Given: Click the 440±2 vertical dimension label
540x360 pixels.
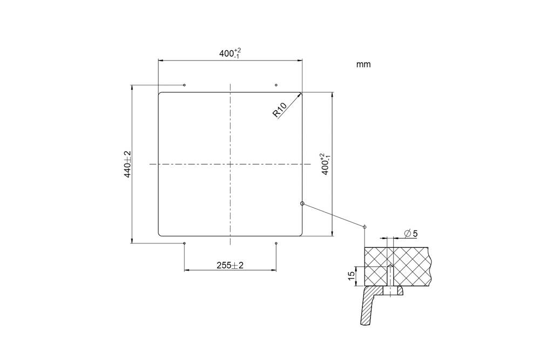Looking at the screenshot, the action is click(127, 164).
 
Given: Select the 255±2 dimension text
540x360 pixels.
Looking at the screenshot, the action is click(230, 266).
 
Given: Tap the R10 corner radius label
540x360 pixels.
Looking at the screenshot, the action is click(280, 110).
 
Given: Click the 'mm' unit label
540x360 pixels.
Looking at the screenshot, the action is click(363, 64).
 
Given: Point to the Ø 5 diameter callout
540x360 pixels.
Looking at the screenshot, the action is click(410, 234).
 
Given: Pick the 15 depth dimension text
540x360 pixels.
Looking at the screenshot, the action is click(352, 276).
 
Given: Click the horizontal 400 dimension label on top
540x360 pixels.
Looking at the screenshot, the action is click(230, 53).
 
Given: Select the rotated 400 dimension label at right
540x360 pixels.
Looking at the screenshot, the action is click(325, 165).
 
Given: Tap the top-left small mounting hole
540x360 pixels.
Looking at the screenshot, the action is click(185, 85).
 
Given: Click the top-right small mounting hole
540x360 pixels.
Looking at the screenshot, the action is click(276, 85).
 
